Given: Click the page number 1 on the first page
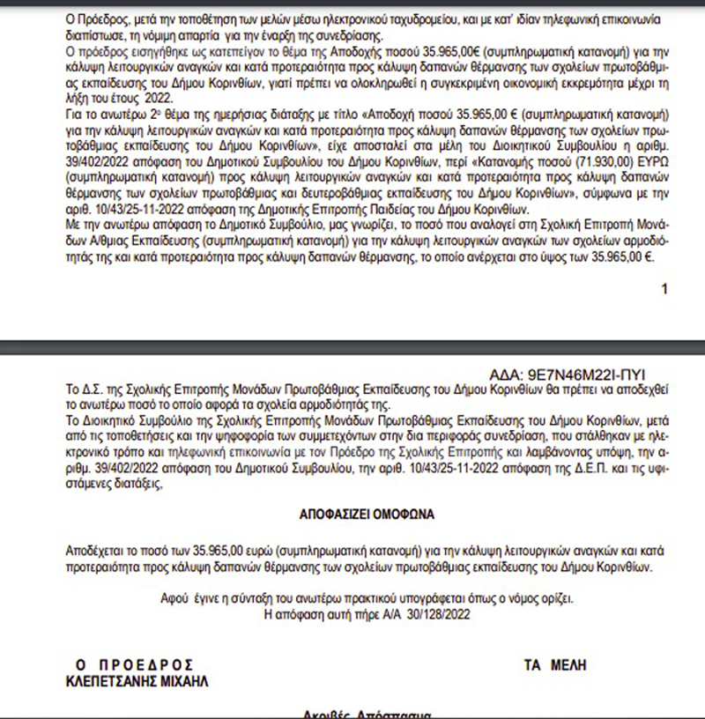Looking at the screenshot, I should (664, 288).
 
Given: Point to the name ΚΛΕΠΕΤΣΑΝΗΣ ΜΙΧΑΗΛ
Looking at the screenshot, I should (139, 681).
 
